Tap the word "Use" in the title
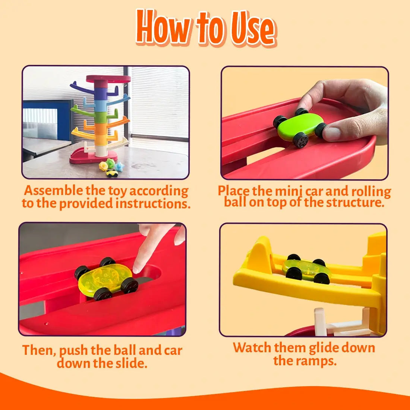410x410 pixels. coord(253,28)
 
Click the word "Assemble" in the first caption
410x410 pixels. coord(53,190)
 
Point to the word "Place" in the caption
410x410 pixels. coord(234,191)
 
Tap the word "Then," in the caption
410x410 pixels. coord(39,350)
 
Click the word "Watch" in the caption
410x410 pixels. coord(252,348)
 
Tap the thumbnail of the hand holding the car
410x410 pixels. coord(305,123)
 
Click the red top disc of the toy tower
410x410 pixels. coord(108,79)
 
